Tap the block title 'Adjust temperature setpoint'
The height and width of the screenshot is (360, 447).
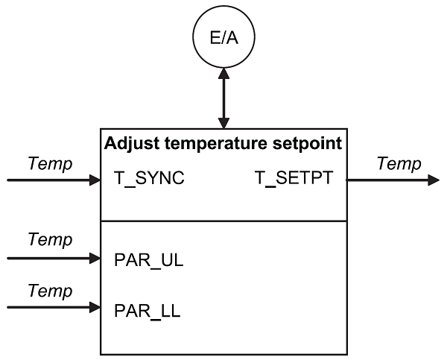coord(223,143)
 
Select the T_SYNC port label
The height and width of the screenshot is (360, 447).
coord(149,180)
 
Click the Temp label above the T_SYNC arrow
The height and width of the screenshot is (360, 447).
coord(50,163)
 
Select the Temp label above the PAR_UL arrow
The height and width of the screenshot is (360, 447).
coord(50,240)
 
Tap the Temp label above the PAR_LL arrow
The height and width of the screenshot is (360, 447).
coord(50,289)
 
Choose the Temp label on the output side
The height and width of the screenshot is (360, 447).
coord(399,163)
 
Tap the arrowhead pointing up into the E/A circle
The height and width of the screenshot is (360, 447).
coord(223,73)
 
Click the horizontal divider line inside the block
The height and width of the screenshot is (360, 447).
coord(223,221)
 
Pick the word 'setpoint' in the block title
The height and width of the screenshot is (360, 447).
coord(310,143)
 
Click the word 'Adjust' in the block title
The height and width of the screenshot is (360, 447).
coord(129,143)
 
